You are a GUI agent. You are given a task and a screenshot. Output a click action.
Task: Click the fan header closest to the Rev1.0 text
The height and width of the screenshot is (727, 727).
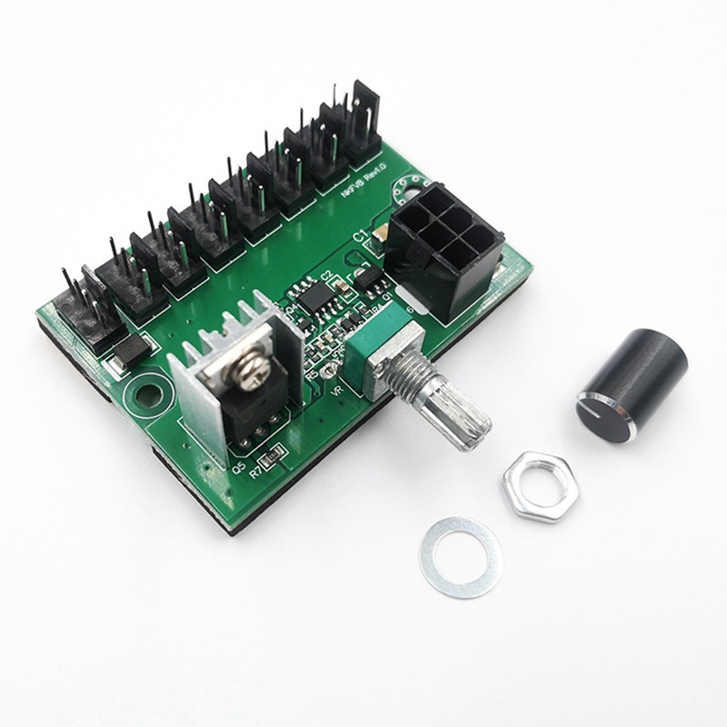[363, 118]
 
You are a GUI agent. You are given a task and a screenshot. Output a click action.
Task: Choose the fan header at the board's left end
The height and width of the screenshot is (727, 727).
[77, 302]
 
